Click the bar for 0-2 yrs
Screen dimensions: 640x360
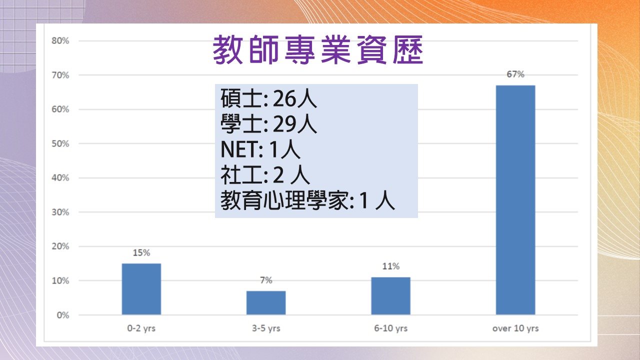pyautogui.click(x=141, y=289)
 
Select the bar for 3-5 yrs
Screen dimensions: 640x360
pyautogui.click(x=266, y=302)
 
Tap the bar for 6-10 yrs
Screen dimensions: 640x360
pyautogui.click(x=391, y=295)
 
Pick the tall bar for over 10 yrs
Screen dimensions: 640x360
pyautogui.click(x=515, y=199)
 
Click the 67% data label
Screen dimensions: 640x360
pyautogui.click(x=515, y=74)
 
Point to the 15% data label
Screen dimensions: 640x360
pyautogui.click(x=141, y=252)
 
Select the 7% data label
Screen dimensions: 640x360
pyautogui.click(x=266, y=280)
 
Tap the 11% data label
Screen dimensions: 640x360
pyautogui.click(x=391, y=266)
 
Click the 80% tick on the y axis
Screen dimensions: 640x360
pyautogui.click(x=60, y=41)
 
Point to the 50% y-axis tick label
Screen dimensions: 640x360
pyautogui.click(x=60, y=143)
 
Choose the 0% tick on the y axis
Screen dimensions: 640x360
pyautogui.click(x=63, y=315)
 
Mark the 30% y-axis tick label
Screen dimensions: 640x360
pyautogui.click(x=60, y=212)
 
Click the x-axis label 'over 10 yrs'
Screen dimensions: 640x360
pyautogui.click(x=515, y=328)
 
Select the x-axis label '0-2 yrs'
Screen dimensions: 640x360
pyautogui.click(x=141, y=328)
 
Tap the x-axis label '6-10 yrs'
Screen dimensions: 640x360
pyautogui.click(x=391, y=328)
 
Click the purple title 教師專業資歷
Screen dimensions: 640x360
pyautogui.click(x=317, y=50)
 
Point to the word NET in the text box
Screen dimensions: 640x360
pyautogui.click(x=239, y=149)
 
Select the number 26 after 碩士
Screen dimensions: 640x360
pyautogui.click(x=284, y=99)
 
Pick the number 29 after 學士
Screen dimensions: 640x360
pyautogui.click(x=284, y=124)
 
